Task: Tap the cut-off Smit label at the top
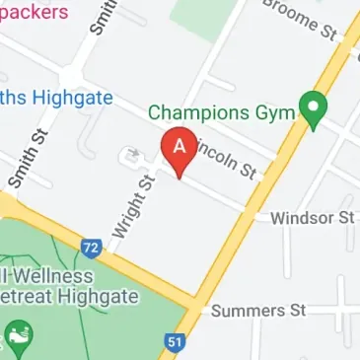point(99,18)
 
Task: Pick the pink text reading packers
point(35,13)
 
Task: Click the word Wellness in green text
point(51,276)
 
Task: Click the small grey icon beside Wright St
point(131,155)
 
